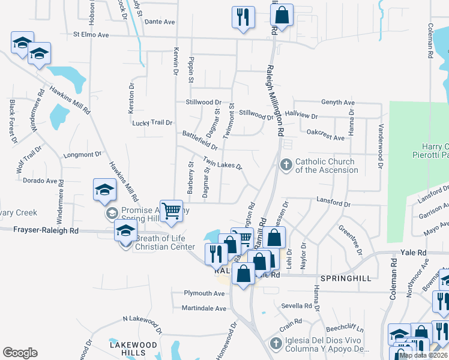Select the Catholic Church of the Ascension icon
pyautogui.click(x=286, y=164)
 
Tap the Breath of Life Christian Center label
pyautogui.click(x=164, y=242)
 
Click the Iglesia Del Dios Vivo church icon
pyautogui.click(x=276, y=344)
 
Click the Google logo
pyautogui.click(x=20, y=353)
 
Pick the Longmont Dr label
pyautogui.click(x=82, y=154)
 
